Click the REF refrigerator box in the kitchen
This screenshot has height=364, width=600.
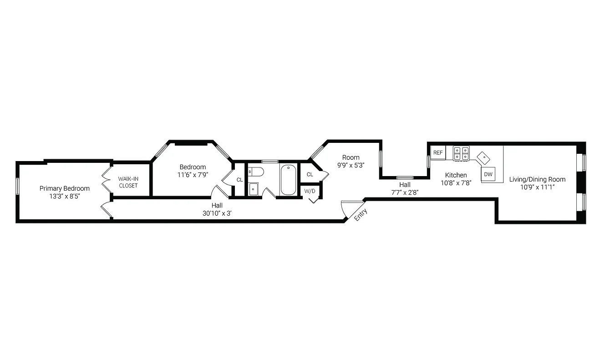pyautogui.click(x=438, y=153)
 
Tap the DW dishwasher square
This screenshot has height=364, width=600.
pyautogui.click(x=488, y=174)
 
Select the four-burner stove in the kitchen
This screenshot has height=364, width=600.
pyautogui.click(x=461, y=153)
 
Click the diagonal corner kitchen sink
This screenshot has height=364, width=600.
pyautogui.click(x=483, y=157)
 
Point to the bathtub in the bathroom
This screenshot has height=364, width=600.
pyautogui.click(x=288, y=180)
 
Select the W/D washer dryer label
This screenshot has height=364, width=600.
pyautogui.click(x=310, y=191)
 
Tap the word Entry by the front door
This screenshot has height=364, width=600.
pyautogui.click(x=361, y=214)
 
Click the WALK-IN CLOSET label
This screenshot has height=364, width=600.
pyautogui.click(x=128, y=182)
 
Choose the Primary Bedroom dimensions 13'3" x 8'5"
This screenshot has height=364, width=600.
pyautogui.click(x=65, y=196)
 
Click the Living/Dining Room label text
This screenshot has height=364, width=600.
pyautogui.click(x=537, y=179)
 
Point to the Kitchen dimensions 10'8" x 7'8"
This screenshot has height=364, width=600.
pyautogui.click(x=456, y=183)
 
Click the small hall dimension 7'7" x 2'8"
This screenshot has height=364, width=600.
pyautogui.click(x=405, y=192)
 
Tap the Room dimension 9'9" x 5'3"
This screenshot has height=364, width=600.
pyautogui.click(x=351, y=166)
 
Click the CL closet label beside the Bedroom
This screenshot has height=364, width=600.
pyautogui.click(x=239, y=180)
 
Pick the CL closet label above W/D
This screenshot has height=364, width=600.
pyautogui.click(x=310, y=174)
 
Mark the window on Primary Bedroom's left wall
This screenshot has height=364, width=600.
pyautogui.click(x=18, y=186)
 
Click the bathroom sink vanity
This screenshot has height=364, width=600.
pyautogui.click(x=254, y=189)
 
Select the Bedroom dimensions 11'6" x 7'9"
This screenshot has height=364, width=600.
pyautogui.click(x=192, y=175)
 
